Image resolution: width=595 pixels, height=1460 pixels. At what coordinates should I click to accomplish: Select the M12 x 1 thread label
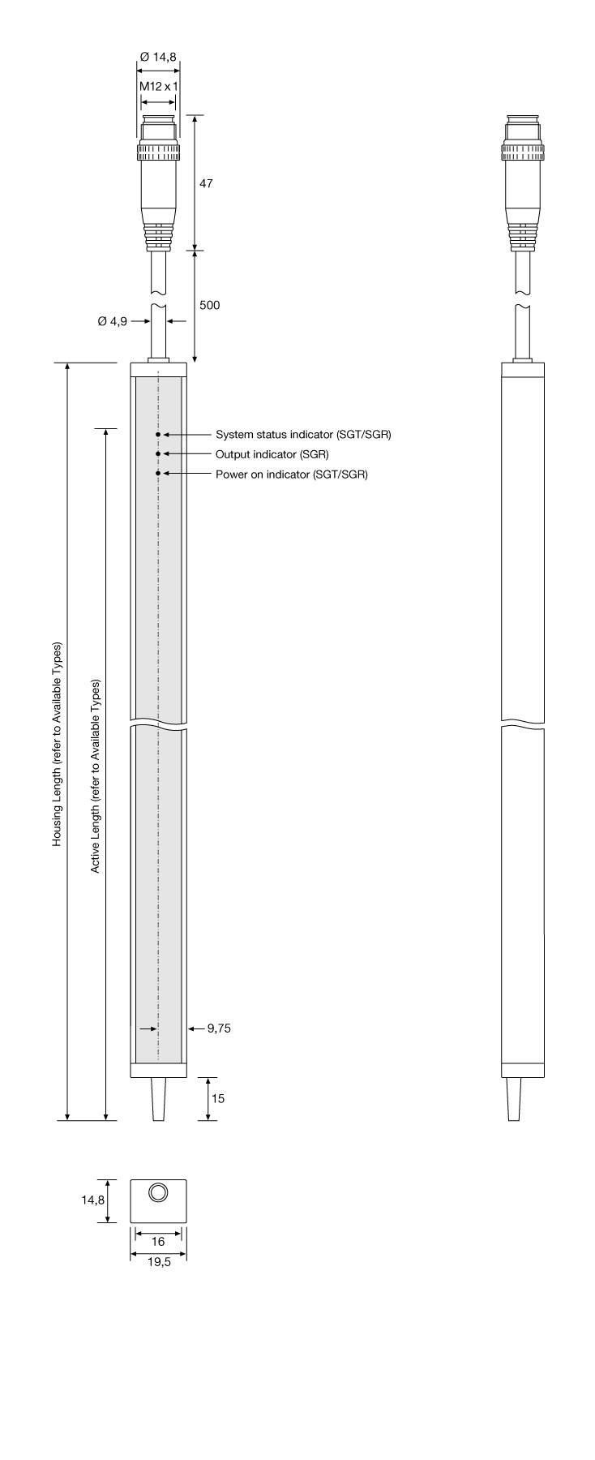pyautogui.click(x=158, y=86)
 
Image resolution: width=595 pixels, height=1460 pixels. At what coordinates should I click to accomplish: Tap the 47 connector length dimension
pyautogui.click(x=206, y=183)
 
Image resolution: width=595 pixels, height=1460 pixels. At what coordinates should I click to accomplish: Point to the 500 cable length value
pyautogui.click(x=209, y=306)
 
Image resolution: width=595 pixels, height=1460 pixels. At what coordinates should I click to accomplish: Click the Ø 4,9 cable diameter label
pyautogui.click(x=113, y=321)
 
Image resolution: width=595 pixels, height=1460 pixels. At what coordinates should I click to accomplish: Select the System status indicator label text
pyautogui.click(x=303, y=435)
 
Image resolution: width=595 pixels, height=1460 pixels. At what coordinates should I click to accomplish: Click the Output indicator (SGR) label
pyautogui.click(x=272, y=454)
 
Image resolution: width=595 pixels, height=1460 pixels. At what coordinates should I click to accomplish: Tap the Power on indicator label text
pyautogui.click(x=291, y=474)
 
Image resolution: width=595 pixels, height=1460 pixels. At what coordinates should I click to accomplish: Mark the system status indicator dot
pyautogui.click(x=158, y=435)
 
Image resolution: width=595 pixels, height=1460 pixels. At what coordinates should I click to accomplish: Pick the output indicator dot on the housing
pyautogui.click(x=158, y=454)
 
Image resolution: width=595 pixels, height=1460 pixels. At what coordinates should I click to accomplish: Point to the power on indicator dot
pyautogui.click(x=158, y=474)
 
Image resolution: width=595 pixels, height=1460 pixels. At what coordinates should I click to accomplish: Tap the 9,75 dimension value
pyautogui.click(x=219, y=1028)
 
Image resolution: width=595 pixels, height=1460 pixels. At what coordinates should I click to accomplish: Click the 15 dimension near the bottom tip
pyautogui.click(x=217, y=1099)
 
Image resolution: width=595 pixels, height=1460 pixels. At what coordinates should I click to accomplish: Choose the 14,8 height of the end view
pyautogui.click(x=92, y=1200)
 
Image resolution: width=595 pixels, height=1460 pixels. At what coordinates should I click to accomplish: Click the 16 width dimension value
pyautogui.click(x=158, y=1241)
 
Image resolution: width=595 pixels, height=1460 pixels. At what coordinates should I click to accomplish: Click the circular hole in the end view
pyautogui.click(x=158, y=1192)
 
